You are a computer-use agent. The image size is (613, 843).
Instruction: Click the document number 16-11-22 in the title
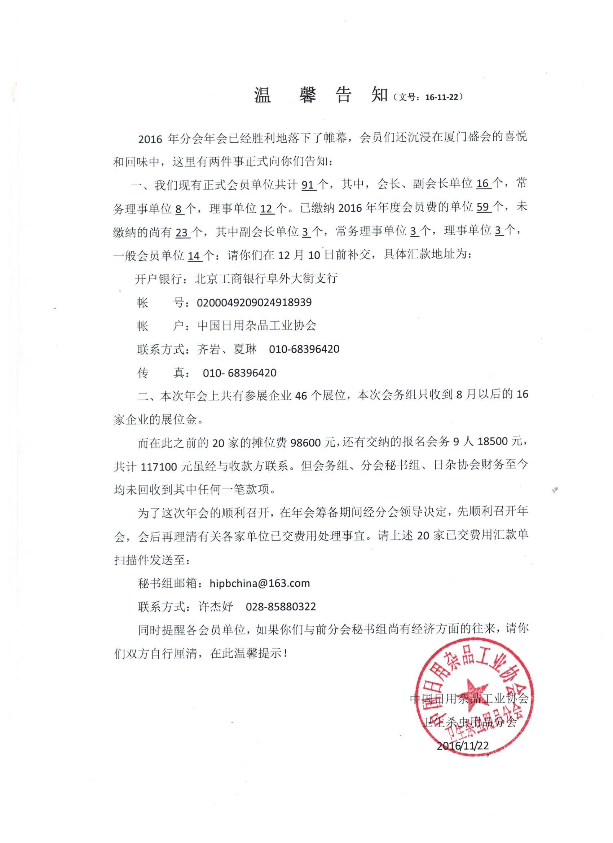click(x=442, y=97)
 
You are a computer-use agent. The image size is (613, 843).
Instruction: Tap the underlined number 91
click(x=308, y=184)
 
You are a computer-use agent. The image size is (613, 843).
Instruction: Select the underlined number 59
click(x=484, y=207)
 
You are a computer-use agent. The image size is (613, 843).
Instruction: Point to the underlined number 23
click(x=182, y=233)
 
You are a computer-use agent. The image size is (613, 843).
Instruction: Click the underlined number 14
click(x=194, y=256)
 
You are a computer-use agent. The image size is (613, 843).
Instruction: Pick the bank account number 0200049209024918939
click(x=254, y=303)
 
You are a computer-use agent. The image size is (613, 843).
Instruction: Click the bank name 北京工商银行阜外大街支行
click(x=266, y=279)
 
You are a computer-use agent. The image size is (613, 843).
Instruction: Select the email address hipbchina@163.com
click(x=260, y=583)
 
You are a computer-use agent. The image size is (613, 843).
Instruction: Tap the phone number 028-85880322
click(x=281, y=607)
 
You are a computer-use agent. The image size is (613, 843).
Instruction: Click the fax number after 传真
click(x=239, y=373)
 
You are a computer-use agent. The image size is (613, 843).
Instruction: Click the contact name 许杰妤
click(x=215, y=607)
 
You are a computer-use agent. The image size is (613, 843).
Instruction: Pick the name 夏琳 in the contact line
click(x=244, y=349)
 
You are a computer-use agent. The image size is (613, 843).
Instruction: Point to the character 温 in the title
click(x=263, y=96)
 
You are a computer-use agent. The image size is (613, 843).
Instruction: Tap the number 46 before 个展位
click(x=301, y=396)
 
